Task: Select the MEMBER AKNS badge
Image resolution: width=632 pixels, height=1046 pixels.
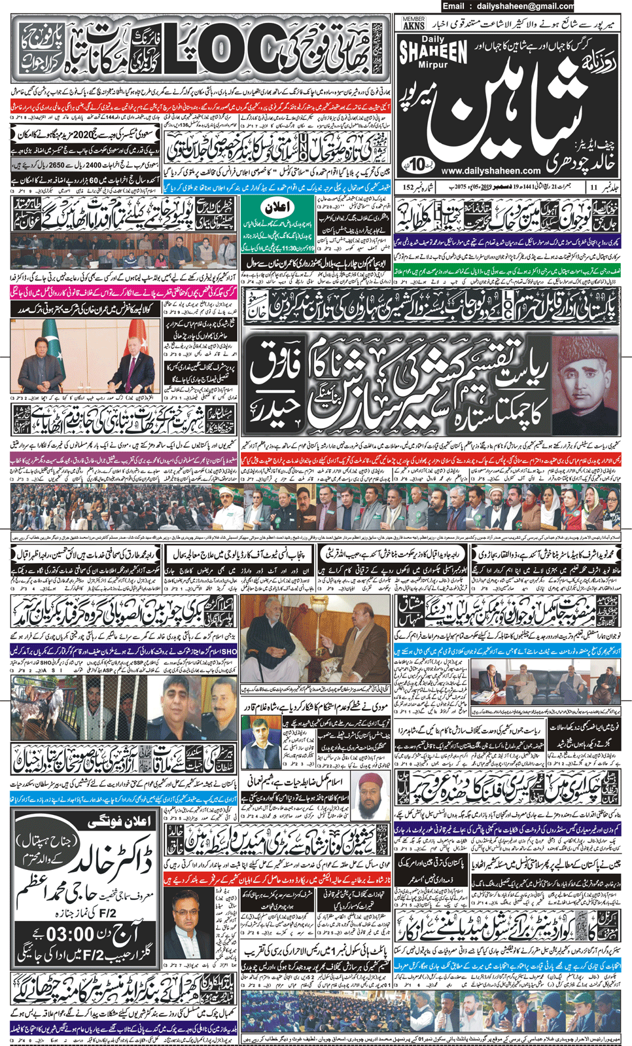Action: coord(414,24)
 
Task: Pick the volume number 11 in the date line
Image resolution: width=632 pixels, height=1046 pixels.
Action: coord(594,188)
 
